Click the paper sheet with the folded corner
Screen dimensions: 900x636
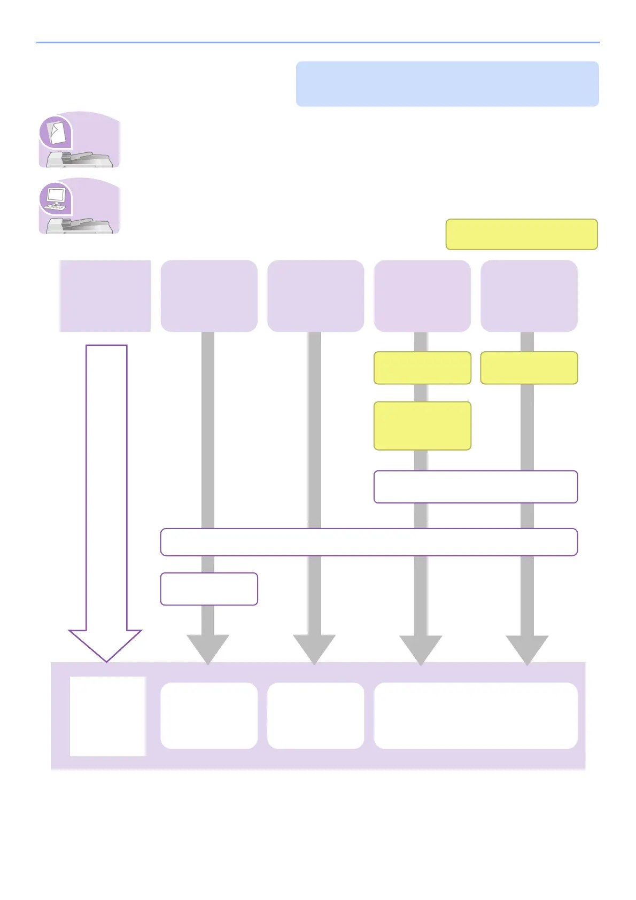(57, 133)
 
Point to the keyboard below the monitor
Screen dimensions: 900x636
(55, 207)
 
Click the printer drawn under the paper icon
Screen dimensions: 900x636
(80, 159)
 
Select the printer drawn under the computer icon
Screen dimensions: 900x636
(80, 225)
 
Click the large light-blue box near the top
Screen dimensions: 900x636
(447, 84)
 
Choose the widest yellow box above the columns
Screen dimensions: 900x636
(521, 234)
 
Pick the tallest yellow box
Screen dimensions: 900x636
(422, 426)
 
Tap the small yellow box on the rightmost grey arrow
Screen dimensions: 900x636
(529, 368)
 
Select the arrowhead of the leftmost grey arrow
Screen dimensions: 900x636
(208, 648)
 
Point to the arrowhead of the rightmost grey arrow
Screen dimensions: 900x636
(527, 648)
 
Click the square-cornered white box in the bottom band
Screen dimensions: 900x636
(107, 716)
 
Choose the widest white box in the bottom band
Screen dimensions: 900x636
(475, 715)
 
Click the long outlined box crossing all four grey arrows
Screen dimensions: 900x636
(369, 542)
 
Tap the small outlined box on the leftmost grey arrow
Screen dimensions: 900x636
(209, 589)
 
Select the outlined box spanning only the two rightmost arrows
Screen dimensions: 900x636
(475, 487)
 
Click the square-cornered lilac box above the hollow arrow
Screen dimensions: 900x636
(105, 296)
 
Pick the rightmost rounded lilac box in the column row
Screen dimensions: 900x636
(529, 296)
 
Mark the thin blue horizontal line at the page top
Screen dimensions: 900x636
(317, 42)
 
